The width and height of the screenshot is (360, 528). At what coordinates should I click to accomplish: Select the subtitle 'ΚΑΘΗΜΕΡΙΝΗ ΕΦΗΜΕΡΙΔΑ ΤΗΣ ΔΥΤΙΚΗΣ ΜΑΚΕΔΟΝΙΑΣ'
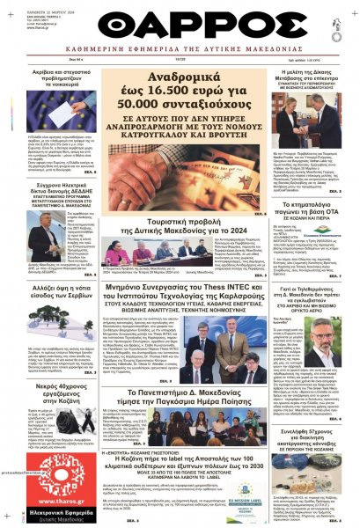(x=180, y=63)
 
